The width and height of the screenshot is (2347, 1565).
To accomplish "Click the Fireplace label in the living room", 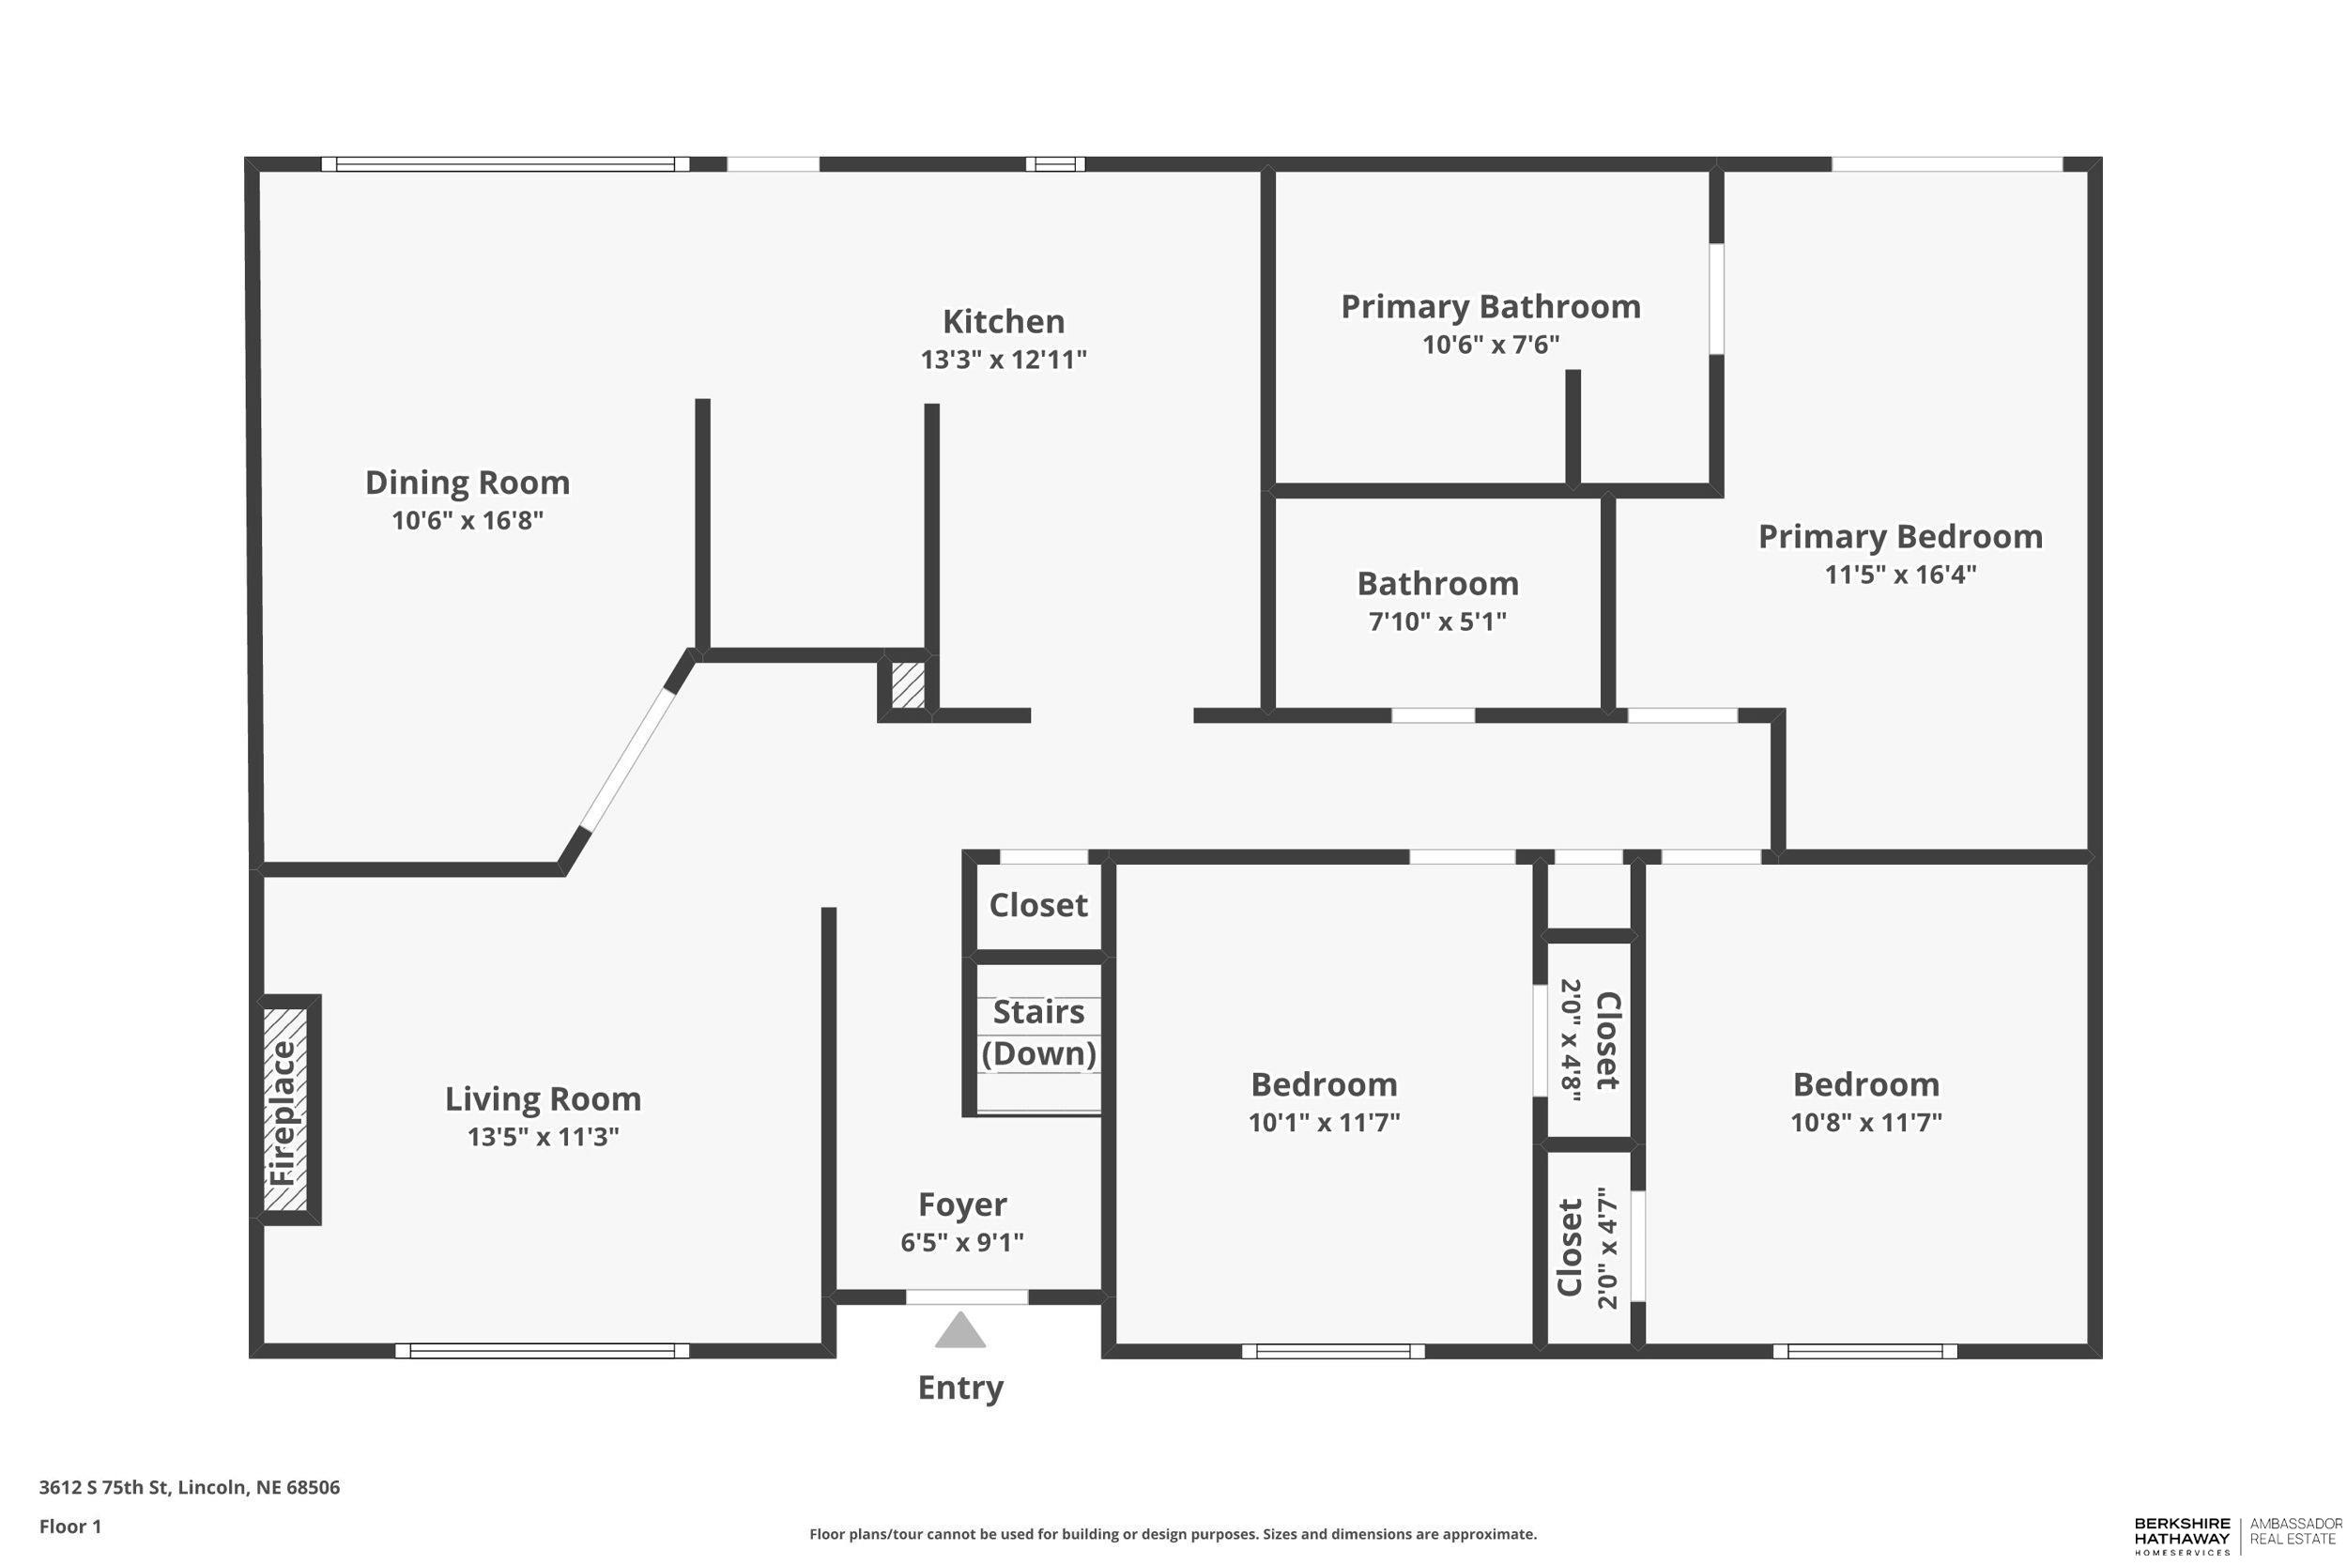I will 285,1112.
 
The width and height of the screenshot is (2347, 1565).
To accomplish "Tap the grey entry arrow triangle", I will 960,1331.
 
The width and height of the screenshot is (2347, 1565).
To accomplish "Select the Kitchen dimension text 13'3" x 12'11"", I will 1003,360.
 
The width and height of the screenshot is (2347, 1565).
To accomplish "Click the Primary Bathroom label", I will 1490,306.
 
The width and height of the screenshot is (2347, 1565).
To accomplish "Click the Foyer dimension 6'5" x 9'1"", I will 962,1242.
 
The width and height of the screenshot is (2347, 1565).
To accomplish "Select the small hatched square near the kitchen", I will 907,685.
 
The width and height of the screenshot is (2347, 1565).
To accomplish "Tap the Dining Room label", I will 467,483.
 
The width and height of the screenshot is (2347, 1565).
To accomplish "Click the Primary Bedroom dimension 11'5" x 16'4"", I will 1900,574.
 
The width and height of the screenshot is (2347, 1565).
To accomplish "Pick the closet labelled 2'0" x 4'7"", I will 1588,1248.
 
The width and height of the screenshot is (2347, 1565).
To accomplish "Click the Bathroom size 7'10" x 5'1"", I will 1437,621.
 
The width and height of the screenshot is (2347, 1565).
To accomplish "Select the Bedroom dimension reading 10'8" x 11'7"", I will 1865,1122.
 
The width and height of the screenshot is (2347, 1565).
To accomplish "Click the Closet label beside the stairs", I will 1037,905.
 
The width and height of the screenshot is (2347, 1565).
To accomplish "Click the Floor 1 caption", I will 69,1527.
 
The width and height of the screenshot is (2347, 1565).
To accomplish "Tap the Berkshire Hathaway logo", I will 2182,1536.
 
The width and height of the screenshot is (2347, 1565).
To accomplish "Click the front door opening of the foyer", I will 966,1296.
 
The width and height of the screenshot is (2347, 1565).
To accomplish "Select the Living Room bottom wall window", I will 542,1350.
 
